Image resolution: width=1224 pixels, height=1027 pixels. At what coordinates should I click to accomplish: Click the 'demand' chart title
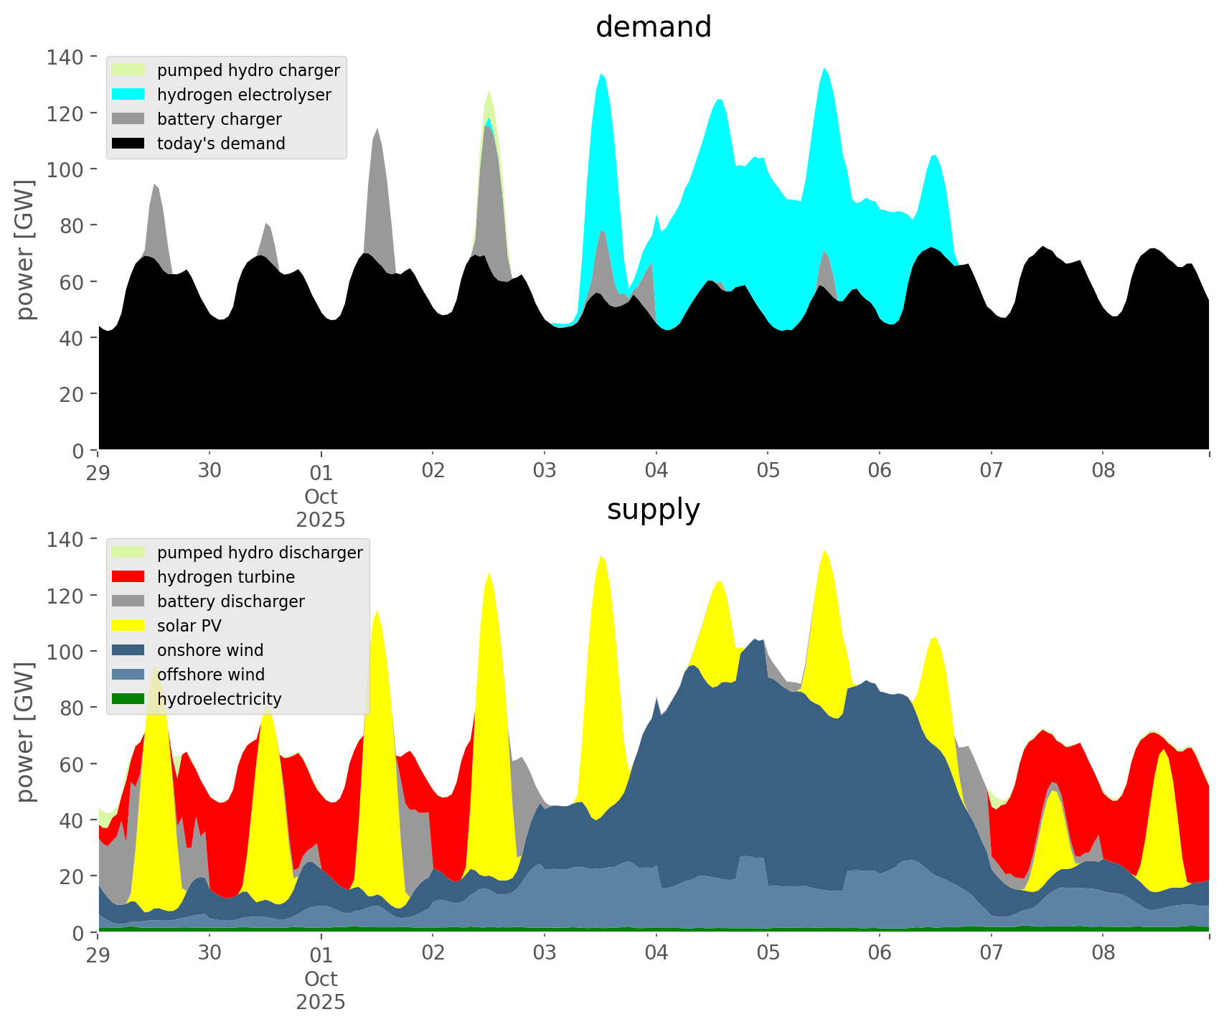[x=653, y=27]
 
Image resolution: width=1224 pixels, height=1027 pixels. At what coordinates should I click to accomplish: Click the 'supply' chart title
[x=653, y=510]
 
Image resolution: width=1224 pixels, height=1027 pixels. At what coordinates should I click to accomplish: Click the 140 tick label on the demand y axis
[x=65, y=57]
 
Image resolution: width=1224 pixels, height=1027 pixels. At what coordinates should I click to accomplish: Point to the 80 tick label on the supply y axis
[x=72, y=708]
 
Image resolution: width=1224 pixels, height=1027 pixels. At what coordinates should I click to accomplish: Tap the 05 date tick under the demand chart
[x=768, y=472]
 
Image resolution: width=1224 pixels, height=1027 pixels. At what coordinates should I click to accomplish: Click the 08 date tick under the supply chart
[x=1103, y=954]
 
